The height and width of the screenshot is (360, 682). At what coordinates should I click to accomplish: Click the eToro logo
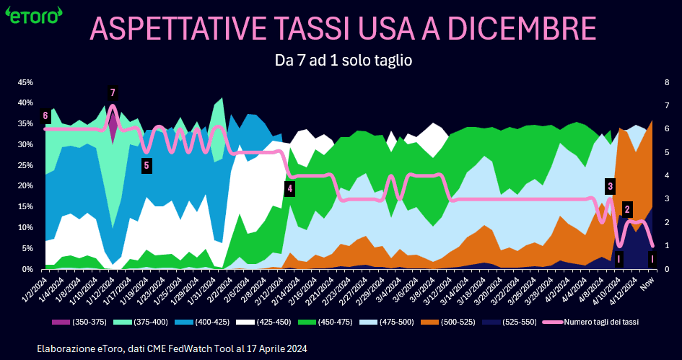pyautogui.click(x=33, y=17)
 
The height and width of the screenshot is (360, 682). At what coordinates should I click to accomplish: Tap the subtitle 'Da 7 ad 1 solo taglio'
pyautogui.click(x=343, y=60)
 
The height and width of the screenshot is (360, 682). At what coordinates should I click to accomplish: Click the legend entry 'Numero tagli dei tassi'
pyautogui.click(x=590, y=322)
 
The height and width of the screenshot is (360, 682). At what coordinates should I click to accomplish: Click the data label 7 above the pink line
pyautogui.click(x=113, y=92)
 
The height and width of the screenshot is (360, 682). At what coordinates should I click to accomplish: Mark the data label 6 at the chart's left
pyautogui.click(x=45, y=115)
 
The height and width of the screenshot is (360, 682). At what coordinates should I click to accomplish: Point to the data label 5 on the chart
pyautogui.click(x=147, y=166)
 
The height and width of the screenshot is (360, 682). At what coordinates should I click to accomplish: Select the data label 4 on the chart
pyautogui.click(x=290, y=189)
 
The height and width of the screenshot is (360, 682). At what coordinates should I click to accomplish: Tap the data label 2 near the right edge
pyautogui.click(x=627, y=210)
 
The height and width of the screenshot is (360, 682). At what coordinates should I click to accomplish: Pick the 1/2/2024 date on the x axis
pyautogui.click(x=34, y=286)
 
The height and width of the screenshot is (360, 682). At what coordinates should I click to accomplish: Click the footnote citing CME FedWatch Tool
pyautogui.click(x=172, y=348)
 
